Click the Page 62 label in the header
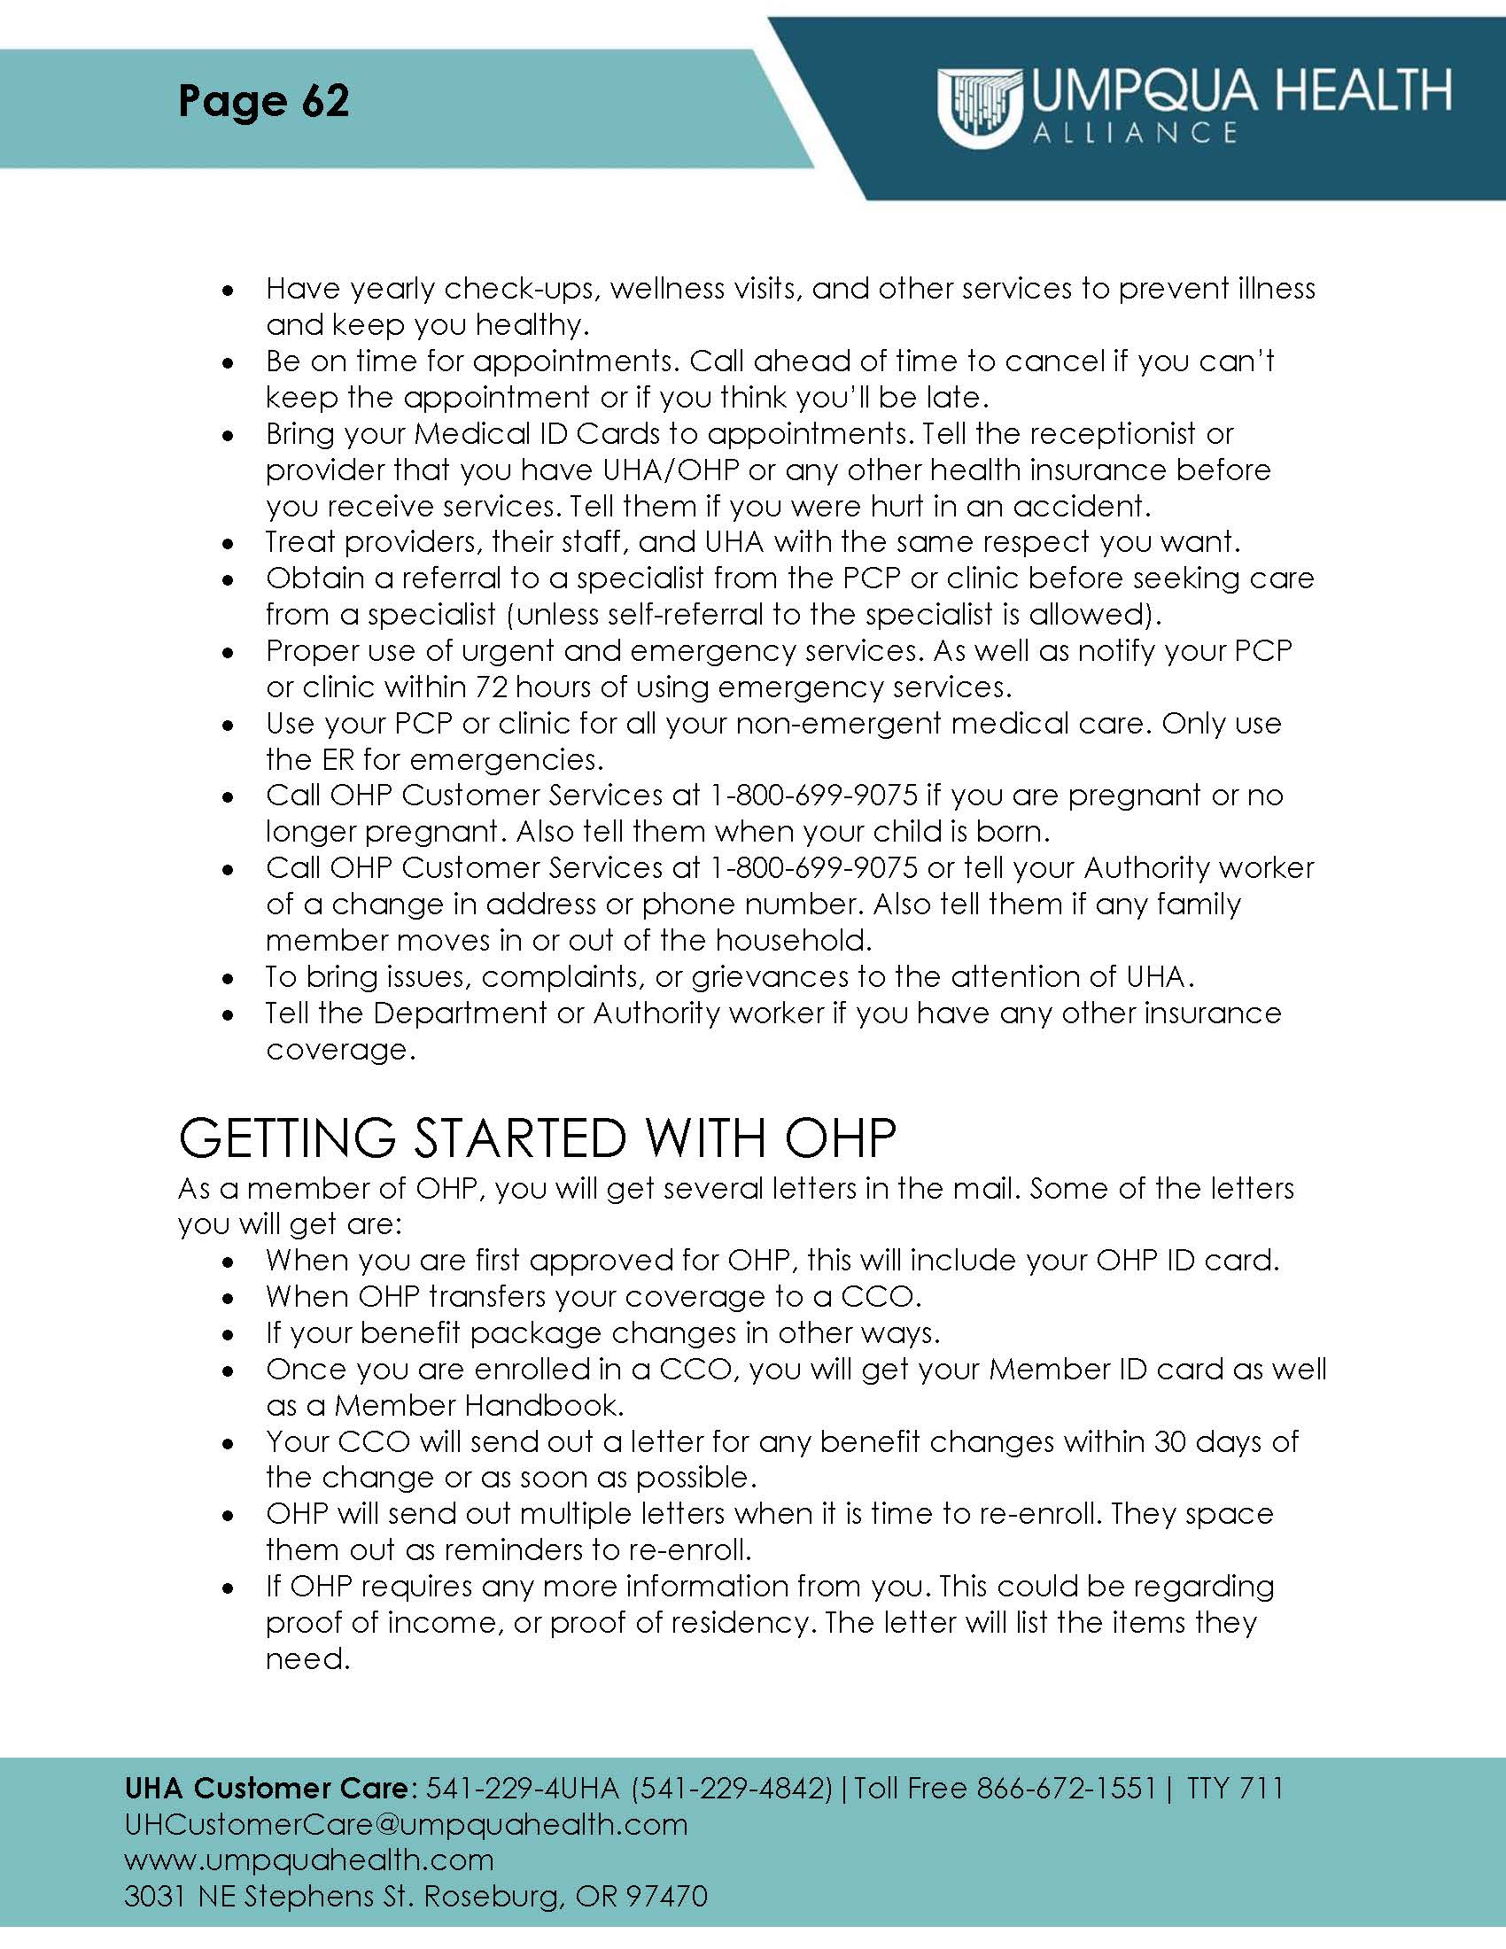[263, 100]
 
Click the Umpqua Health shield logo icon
[979, 107]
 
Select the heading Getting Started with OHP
[536, 1138]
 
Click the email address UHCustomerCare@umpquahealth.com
[406, 1824]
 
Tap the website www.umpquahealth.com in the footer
[308, 1860]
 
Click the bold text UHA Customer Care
[266, 1788]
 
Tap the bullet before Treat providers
[229, 543]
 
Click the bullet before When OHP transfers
[229, 1299]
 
